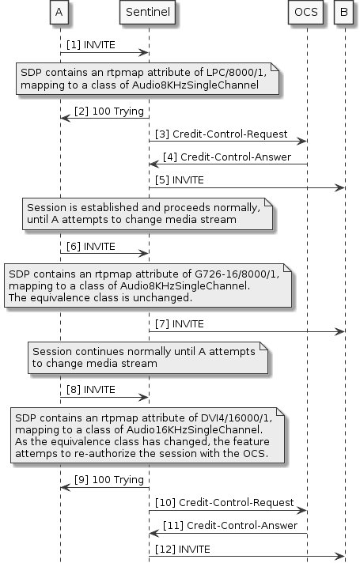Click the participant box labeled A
coord(60,13)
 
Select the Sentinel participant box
coord(149,13)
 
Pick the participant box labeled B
coord(344,13)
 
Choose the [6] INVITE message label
coord(91,245)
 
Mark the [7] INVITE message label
coord(180,323)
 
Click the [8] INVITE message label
coord(91,390)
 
